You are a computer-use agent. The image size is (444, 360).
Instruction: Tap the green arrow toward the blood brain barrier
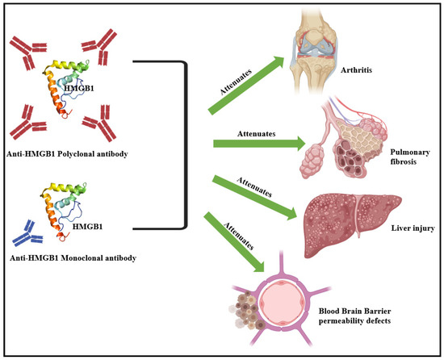pyautogui.click(x=241, y=242)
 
